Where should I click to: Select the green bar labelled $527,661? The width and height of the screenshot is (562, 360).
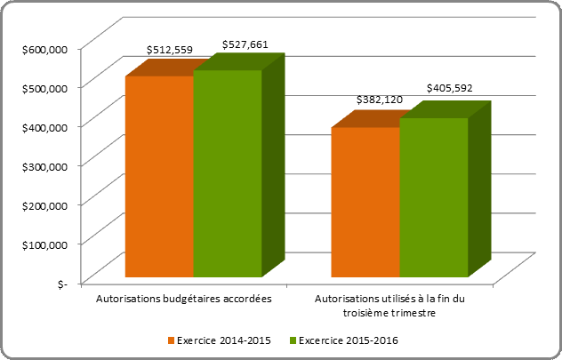pos(228,172)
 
